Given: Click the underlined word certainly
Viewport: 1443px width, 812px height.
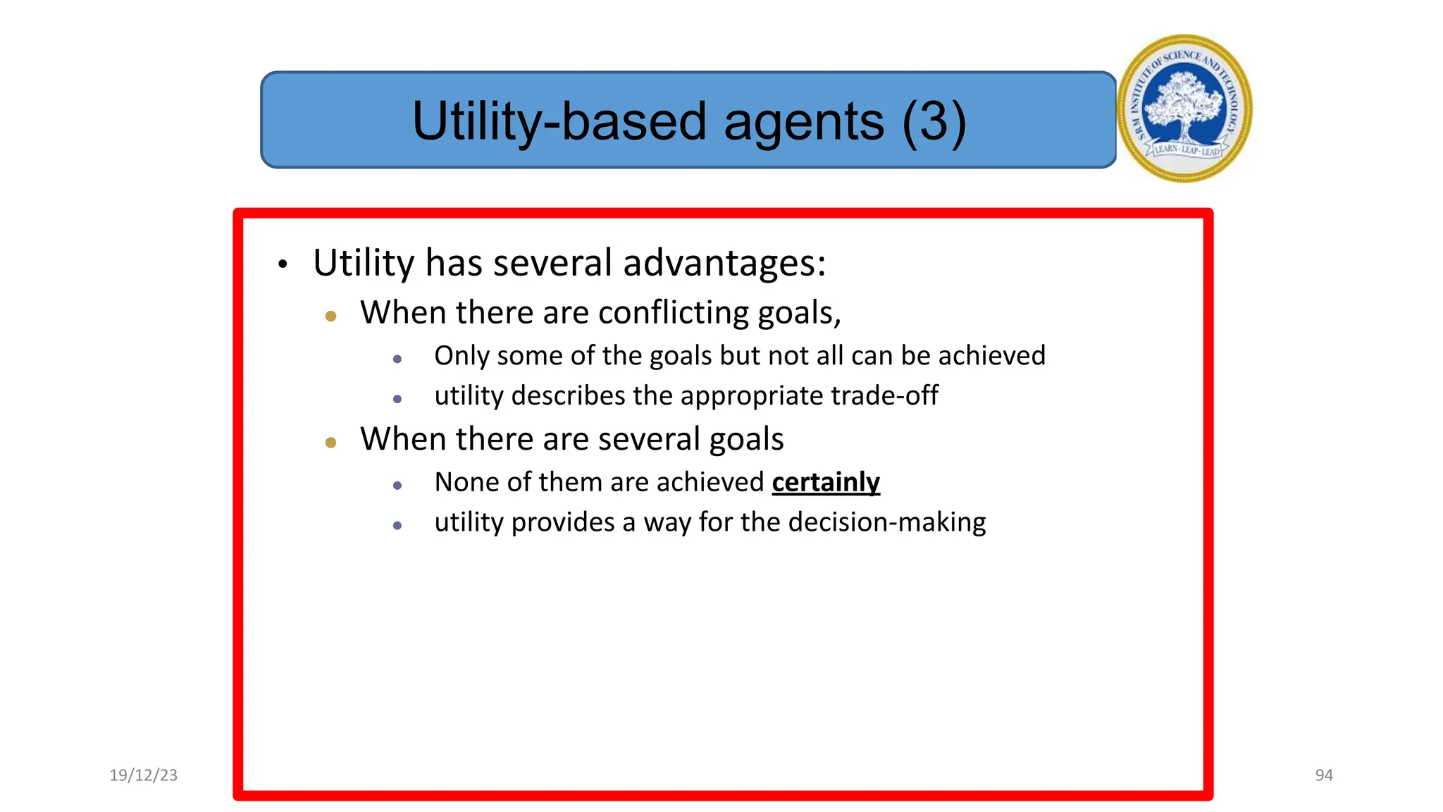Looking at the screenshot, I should tap(826, 482).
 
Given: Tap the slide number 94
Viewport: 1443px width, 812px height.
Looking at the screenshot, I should tap(1324, 775).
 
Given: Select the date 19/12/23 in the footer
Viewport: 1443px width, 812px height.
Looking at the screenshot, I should tap(144, 775).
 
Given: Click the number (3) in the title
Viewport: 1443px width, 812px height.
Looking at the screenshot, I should tap(934, 121).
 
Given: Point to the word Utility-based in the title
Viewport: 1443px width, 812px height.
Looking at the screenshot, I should tap(559, 121).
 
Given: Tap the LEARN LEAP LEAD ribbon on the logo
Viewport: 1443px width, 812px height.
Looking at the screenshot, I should tap(1187, 149).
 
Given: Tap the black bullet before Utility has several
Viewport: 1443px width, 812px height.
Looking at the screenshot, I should tap(283, 264).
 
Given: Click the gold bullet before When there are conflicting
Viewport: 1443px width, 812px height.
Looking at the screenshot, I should tap(330, 316).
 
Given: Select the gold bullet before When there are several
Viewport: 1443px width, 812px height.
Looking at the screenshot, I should tap(330, 443).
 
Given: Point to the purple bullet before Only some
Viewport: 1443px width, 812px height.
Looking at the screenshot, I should tap(397, 359).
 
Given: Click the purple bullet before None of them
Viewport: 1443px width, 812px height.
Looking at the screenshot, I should tap(397, 486).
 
